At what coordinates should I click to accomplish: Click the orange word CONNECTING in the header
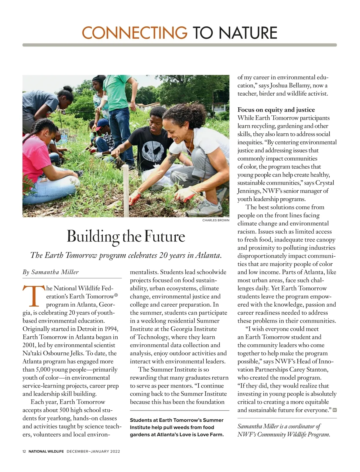point(134,33)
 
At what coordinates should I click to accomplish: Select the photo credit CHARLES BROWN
point(216,220)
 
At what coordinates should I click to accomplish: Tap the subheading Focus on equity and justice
point(276,110)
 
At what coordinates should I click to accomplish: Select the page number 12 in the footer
point(24,451)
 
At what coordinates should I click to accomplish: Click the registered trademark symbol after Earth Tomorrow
point(116,295)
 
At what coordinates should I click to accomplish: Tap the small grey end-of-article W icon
point(334,410)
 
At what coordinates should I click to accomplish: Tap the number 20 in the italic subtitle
point(163,255)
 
